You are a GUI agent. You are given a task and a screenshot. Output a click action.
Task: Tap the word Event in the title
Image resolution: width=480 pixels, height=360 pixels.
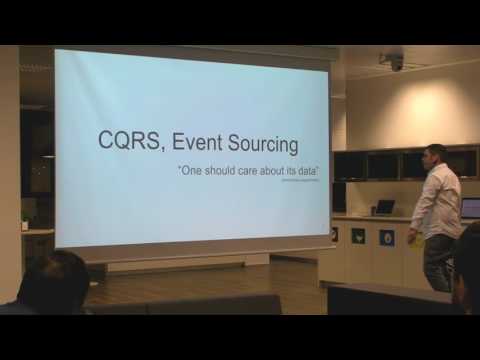(x=203, y=143)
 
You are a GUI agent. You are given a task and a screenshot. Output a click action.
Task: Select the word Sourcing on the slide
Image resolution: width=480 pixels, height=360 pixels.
(x=264, y=144)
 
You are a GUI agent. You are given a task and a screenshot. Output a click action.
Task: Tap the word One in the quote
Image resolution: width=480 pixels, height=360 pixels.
(x=189, y=171)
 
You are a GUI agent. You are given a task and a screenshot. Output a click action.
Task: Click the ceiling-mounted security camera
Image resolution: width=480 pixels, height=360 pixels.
(x=396, y=62)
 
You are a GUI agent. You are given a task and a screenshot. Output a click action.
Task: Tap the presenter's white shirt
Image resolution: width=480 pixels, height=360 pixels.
(x=437, y=200)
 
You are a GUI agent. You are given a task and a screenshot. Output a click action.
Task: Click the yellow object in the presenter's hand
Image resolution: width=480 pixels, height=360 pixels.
(x=417, y=244)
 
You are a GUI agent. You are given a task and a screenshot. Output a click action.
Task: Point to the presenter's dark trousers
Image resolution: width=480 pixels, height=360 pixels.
(x=438, y=262)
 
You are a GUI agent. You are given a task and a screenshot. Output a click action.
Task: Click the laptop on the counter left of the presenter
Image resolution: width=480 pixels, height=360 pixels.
(x=384, y=207)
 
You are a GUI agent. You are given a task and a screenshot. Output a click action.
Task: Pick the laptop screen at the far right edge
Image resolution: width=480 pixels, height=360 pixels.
(x=471, y=208)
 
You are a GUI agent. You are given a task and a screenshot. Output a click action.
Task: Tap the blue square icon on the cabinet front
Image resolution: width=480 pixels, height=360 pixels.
(x=386, y=238)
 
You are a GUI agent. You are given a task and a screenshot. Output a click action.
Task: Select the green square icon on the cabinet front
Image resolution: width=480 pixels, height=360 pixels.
(x=358, y=236)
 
